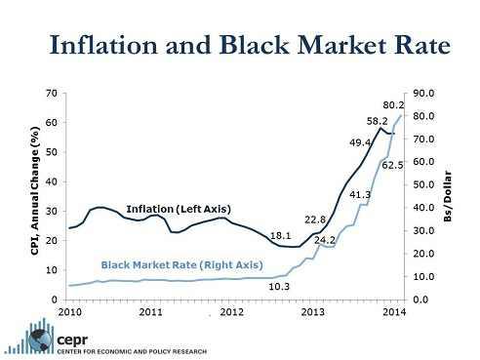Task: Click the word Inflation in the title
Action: click(103, 44)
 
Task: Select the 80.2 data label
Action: click(393, 105)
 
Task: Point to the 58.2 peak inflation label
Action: click(378, 121)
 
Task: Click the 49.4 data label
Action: click(360, 142)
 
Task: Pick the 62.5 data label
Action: click(392, 165)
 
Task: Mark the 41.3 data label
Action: click(360, 194)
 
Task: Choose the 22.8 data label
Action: click(315, 220)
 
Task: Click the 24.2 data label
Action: click(325, 240)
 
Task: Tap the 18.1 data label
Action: click(281, 235)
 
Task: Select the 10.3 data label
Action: click(279, 287)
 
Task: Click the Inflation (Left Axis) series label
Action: click(179, 209)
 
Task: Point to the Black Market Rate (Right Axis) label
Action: click(182, 265)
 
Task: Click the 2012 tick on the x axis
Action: click(231, 312)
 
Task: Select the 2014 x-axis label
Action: click(394, 312)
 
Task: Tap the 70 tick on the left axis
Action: click(52, 94)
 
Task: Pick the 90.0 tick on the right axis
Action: click(423, 94)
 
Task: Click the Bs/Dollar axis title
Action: click(448, 196)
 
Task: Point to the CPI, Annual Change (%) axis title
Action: click(35, 191)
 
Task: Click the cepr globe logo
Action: click(41, 340)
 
